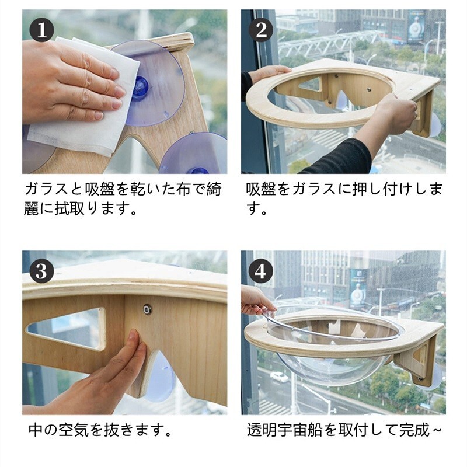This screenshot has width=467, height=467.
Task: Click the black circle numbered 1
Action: (x=41, y=30)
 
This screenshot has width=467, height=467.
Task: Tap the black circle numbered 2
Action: (x=261, y=30)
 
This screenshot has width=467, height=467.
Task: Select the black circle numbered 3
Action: (x=41, y=271)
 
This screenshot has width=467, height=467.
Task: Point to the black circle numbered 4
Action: (x=261, y=271)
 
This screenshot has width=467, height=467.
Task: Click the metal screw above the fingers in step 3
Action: (x=147, y=309)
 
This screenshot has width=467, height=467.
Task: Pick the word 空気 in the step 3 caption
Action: (x=73, y=430)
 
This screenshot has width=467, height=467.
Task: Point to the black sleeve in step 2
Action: (x=337, y=156)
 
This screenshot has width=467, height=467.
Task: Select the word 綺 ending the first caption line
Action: (x=214, y=189)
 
